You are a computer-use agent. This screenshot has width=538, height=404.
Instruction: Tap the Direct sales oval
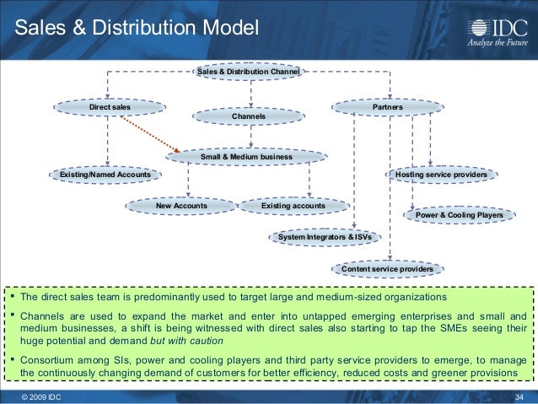click(x=110, y=108)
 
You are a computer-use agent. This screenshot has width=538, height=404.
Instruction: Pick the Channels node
click(x=248, y=115)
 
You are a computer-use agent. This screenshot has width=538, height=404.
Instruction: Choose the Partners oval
click(x=387, y=108)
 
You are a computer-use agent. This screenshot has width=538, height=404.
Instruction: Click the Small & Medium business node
click(x=245, y=157)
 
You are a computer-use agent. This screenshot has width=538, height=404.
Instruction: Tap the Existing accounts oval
click(x=293, y=205)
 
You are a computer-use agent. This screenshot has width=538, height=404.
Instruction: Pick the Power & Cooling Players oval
click(x=459, y=216)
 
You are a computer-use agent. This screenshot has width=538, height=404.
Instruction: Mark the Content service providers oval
click(x=387, y=269)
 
